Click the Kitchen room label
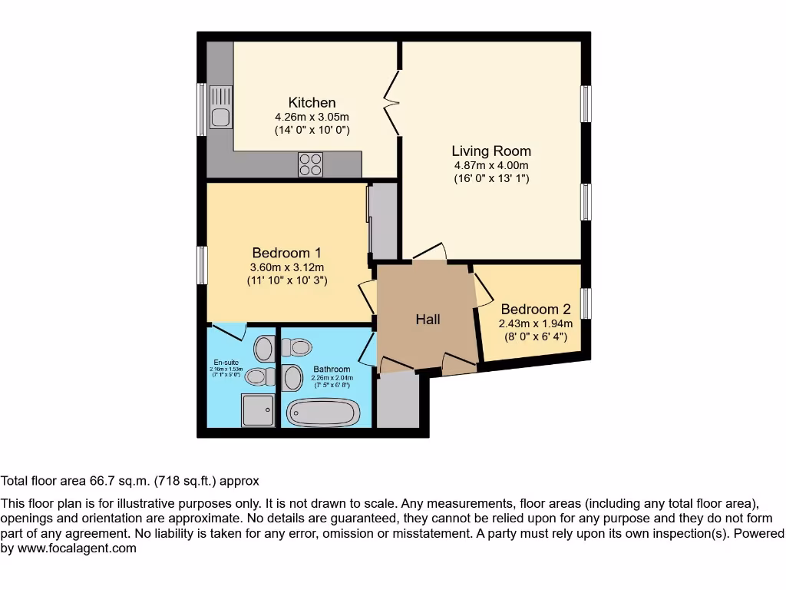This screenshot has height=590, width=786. coord(312,103)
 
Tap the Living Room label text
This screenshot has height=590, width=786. coord(490,151)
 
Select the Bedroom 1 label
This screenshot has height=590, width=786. coord(286,253)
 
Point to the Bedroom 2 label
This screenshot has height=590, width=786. coord(536,310)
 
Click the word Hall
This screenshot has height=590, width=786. coord(428,319)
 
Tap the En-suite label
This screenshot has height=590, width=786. coord(226,362)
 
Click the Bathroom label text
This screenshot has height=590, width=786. coord(331,370)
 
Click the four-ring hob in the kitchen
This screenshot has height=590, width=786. coord(311,164)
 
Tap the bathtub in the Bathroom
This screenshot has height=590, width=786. coord(322,413)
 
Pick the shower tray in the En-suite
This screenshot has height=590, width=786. coord(257,409)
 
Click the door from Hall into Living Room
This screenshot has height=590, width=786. coord(431,253)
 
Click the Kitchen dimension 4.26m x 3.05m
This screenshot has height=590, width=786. coord(312,117)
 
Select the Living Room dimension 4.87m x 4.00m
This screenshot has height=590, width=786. coord(490,165)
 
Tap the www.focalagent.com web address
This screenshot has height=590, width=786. coord(77,549)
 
